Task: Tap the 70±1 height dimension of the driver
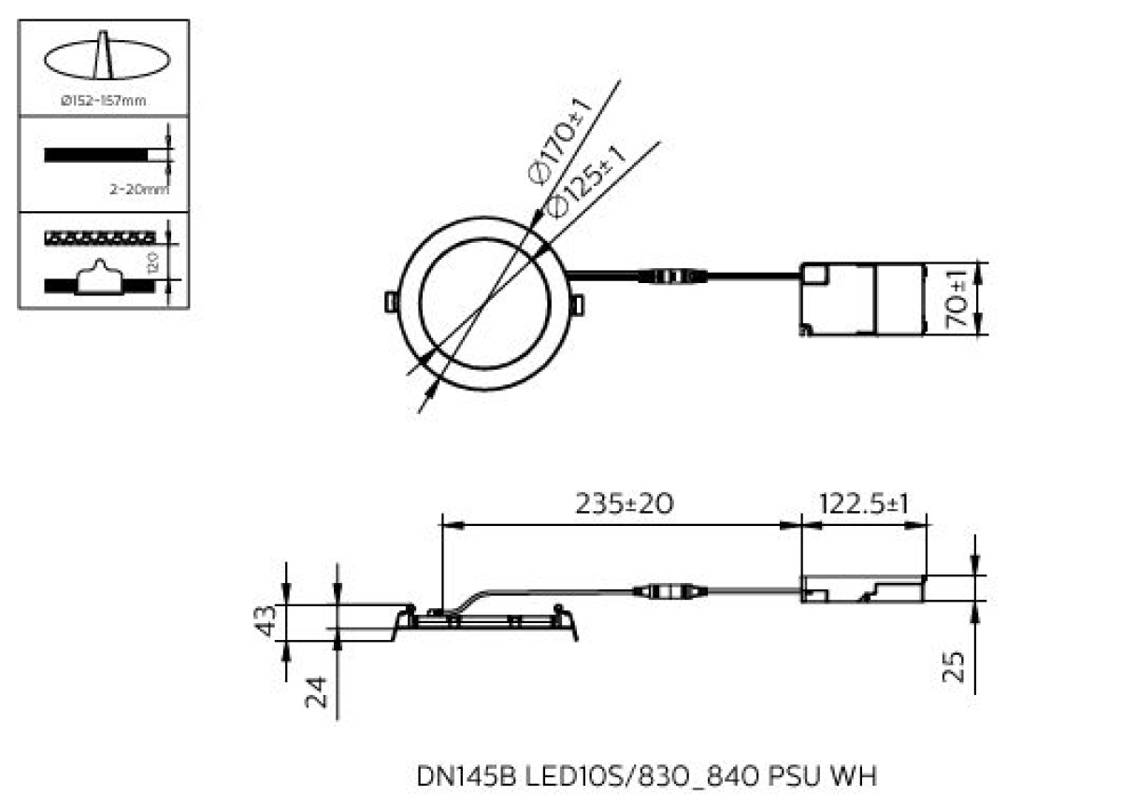tap(956, 300)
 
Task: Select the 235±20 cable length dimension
tap(624, 504)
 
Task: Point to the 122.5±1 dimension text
tap(864, 504)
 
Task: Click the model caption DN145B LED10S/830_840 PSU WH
tap(647, 775)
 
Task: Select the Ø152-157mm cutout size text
tap(103, 101)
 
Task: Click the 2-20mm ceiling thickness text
tap(138, 190)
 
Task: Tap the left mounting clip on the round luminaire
tap(389, 301)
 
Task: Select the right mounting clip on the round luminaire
tap(579, 305)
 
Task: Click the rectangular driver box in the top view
tap(861, 299)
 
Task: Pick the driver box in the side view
tap(862, 589)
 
